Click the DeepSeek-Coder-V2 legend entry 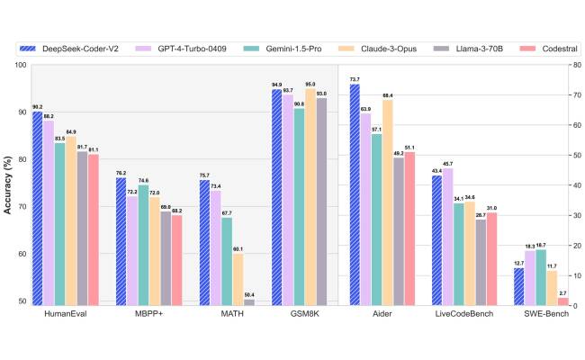76,49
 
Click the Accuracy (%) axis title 9,185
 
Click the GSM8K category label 297,316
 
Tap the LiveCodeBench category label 460,316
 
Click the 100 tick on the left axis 19,65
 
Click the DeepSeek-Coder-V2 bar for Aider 355,194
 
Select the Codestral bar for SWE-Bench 563,301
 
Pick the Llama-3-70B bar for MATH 249,302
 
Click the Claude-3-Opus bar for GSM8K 310,196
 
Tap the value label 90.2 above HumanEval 37,106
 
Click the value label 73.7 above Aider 355,79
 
